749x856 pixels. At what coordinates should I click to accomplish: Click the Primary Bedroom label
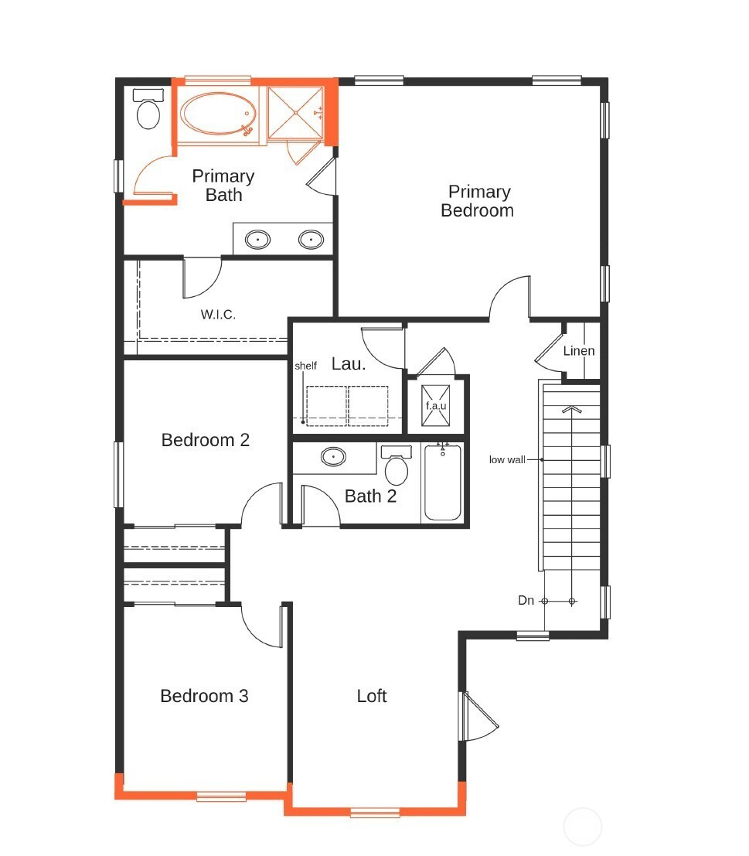pyautogui.click(x=478, y=201)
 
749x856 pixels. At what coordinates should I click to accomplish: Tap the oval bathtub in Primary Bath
pyautogui.click(x=218, y=114)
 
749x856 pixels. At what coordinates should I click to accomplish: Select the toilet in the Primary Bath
pyautogui.click(x=148, y=109)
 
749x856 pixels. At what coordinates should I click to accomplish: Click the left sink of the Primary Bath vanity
pyautogui.click(x=257, y=239)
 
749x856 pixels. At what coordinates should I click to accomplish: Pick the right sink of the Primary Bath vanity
pyautogui.click(x=311, y=239)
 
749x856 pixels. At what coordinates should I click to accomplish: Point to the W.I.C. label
pyautogui.click(x=218, y=315)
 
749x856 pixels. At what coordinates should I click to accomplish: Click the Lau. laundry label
pyautogui.click(x=349, y=364)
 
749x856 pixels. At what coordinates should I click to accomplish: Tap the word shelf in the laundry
pyautogui.click(x=305, y=366)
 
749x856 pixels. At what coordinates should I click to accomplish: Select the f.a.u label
pyautogui.click(x=436, y=406)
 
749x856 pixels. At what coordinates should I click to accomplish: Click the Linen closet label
pyautogui.click(x=579, y=350)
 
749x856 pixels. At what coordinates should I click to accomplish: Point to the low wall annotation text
pyautogui.click(x=507, y=459)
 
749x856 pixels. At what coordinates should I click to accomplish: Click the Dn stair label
pyautogui.click(x=526, y=601)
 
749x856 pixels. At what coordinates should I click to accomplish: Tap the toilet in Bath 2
pyautogui.click(x=396, y=466)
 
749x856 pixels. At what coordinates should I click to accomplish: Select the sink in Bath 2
pyautogui.click(x=333, y=456)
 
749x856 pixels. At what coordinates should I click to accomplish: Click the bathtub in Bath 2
pyautogui.click(x=442, y=482)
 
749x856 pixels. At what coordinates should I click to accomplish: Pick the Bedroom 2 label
pyautogui.click(x=205, y=440)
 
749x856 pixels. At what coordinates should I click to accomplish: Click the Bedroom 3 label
pyautogui.click(x=204, y=696)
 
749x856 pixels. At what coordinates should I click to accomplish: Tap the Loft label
pyautogui.click(x=372, y=696)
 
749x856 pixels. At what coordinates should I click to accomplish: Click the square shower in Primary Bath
pyautogui.click(x=296, y=113)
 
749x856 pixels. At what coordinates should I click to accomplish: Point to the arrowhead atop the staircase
pyautogui.click(x=572, y=409)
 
